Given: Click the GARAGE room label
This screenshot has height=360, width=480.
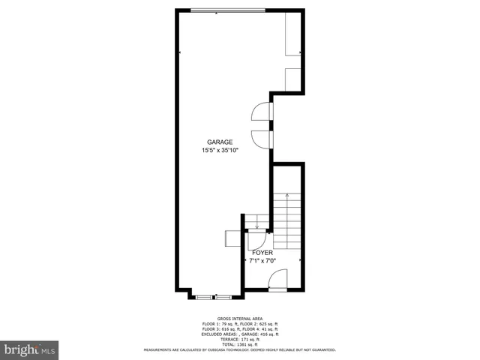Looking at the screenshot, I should (220, 142).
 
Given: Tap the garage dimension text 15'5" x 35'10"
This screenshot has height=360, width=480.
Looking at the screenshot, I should (220, 150).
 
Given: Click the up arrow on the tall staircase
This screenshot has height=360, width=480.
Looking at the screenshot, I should (287, 196).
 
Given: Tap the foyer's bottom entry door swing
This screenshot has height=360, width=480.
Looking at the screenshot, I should (277, 283).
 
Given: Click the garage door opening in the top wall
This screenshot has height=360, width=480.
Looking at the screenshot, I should (226, 10).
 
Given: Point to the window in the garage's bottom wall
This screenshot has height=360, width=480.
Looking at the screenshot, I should (209, 296).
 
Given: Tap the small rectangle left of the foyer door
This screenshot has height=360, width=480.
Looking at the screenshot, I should (232, 238).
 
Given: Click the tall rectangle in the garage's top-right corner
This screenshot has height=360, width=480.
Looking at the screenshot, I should (293, 34).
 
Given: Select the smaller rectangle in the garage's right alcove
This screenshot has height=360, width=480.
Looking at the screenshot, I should (293, 78).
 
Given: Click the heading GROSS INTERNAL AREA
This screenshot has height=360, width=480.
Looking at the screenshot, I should (239, 318).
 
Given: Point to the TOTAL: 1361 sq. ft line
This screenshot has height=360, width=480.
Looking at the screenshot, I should (239, 344).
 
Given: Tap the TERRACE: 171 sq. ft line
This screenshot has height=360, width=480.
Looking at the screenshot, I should (239, 339).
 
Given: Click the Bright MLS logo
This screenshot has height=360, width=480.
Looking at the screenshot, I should (30, 349).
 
